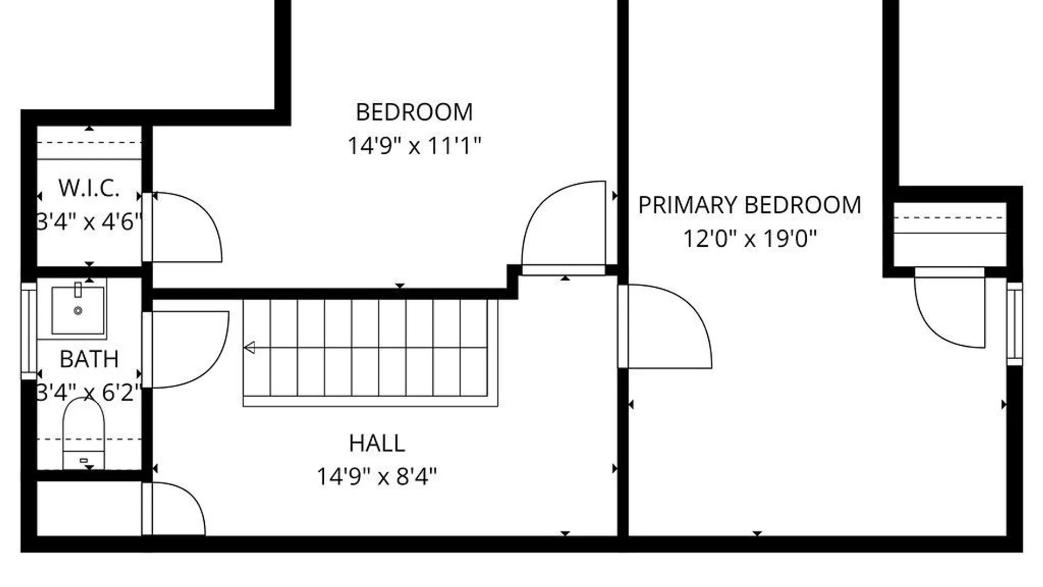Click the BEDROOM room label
pyautogui.click(x=414, y=113)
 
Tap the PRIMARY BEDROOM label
pyautogui.click(x=750, y=205)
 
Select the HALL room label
pyautogui.click(x=377, y=444)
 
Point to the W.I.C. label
pyautogui.click(x=89, y=188)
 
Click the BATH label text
pyautogui.click(x=89, y=359)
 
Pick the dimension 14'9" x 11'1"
pyautogui.click(x=414, y=146)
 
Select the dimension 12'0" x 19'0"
pyautogui.click(x=750, y=239)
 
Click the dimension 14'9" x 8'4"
pyautogui.click(x=377, y=477)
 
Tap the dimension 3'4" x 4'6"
pyautogui.click(x=89, y=222)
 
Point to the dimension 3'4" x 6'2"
pyautogui.click(x=89, y=392)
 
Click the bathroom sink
pyautogui.click(x=78, y=310)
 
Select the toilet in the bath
pyautogui.click(x=84, y=433)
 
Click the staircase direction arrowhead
pyautogui.click(x=249, y=347)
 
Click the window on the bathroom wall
pyautogui.click(x=28, y=330)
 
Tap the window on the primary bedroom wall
pyautogui.click(x=1014, y=324)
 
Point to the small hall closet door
pyautogui.click(x=196, y=503)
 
